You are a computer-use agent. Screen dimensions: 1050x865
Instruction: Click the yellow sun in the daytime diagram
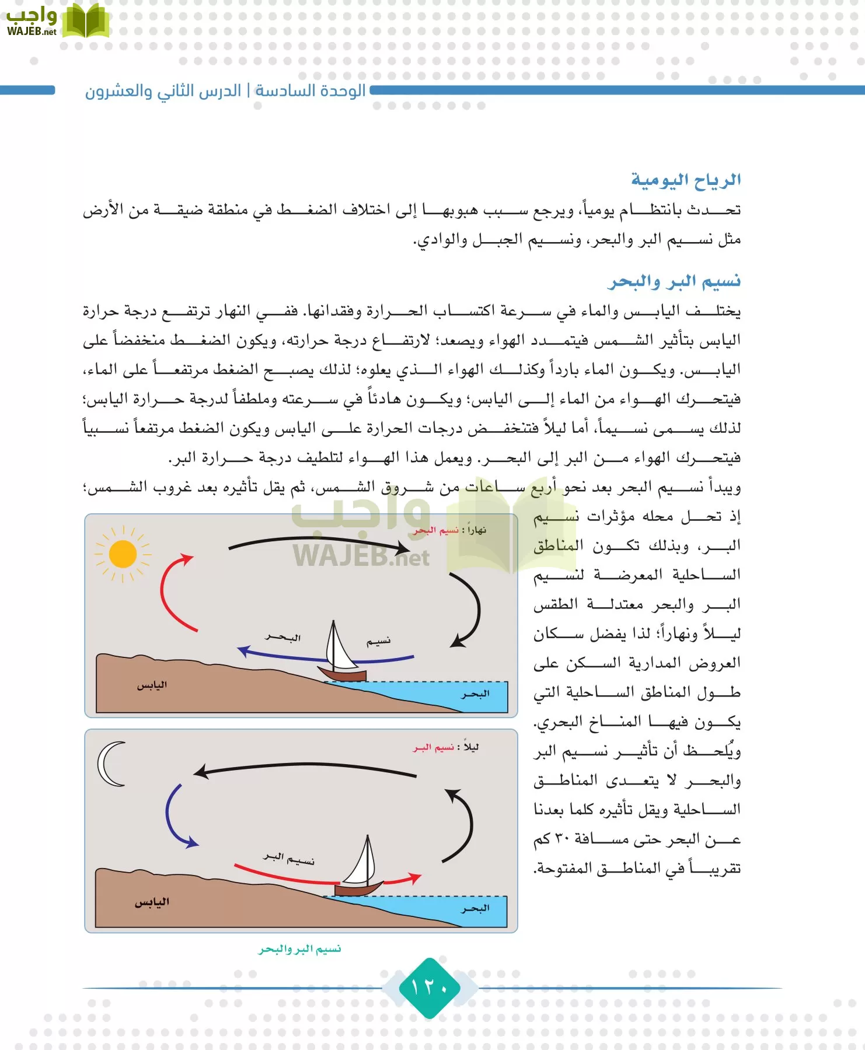coord(123,554)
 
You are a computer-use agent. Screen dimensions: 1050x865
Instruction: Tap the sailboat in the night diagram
coord(362,869)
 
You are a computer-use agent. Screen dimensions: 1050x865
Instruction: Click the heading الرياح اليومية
coord(686,180)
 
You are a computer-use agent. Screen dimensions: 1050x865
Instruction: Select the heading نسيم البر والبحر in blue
coord(674,282)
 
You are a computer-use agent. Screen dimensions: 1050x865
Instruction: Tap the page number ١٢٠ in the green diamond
coord(430,988)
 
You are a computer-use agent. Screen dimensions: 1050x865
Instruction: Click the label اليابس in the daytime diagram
coord(152,685)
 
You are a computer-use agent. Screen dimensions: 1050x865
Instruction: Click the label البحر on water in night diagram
coord(476,909)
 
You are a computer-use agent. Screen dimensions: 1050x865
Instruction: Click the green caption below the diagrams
coord(299,950)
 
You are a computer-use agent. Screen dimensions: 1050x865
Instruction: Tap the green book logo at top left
coord(85,22)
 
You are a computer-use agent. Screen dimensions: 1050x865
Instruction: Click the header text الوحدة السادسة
coord(310,91)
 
